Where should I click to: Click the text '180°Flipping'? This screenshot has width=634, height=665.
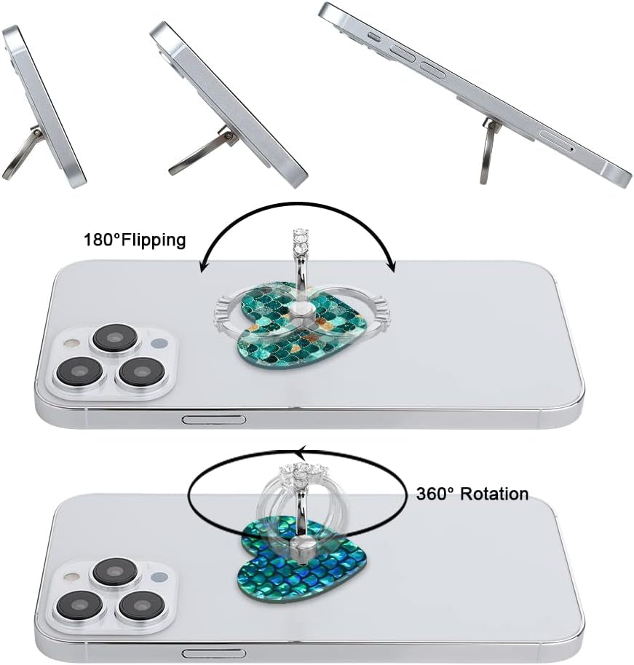point(135,240)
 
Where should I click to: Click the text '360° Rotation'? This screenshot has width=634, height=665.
point(472,494)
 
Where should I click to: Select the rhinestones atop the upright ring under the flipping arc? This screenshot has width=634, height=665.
point(301,240)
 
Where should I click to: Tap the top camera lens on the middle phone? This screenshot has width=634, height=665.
point(115,338)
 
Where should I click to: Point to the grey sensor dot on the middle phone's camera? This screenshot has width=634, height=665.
point(159,342)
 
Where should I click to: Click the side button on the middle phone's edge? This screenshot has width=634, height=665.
point(213,420)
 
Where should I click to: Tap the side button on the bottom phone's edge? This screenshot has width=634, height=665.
point(213,653)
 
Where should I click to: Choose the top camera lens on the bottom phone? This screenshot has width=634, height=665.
point(115,572)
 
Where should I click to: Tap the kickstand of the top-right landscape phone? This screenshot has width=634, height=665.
point(488,151)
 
